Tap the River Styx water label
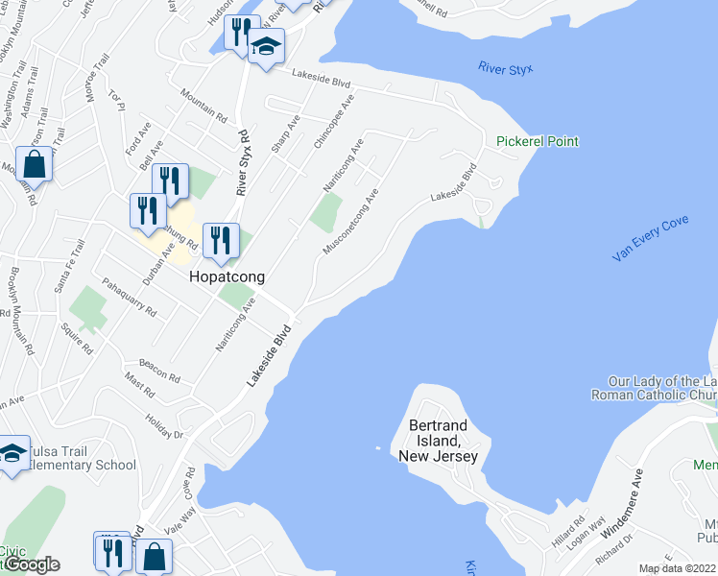pos(504,68)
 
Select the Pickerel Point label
pos(538,141)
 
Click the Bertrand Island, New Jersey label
pos(443,441)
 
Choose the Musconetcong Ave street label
pos(351,222)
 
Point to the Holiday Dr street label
pos(164,420)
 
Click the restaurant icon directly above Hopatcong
pos(222,240)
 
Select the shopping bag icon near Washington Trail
pos(35,164)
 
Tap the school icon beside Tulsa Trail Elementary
pos(12,453)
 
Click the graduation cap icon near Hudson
pos(267,46)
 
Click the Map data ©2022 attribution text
pos(678,568)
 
